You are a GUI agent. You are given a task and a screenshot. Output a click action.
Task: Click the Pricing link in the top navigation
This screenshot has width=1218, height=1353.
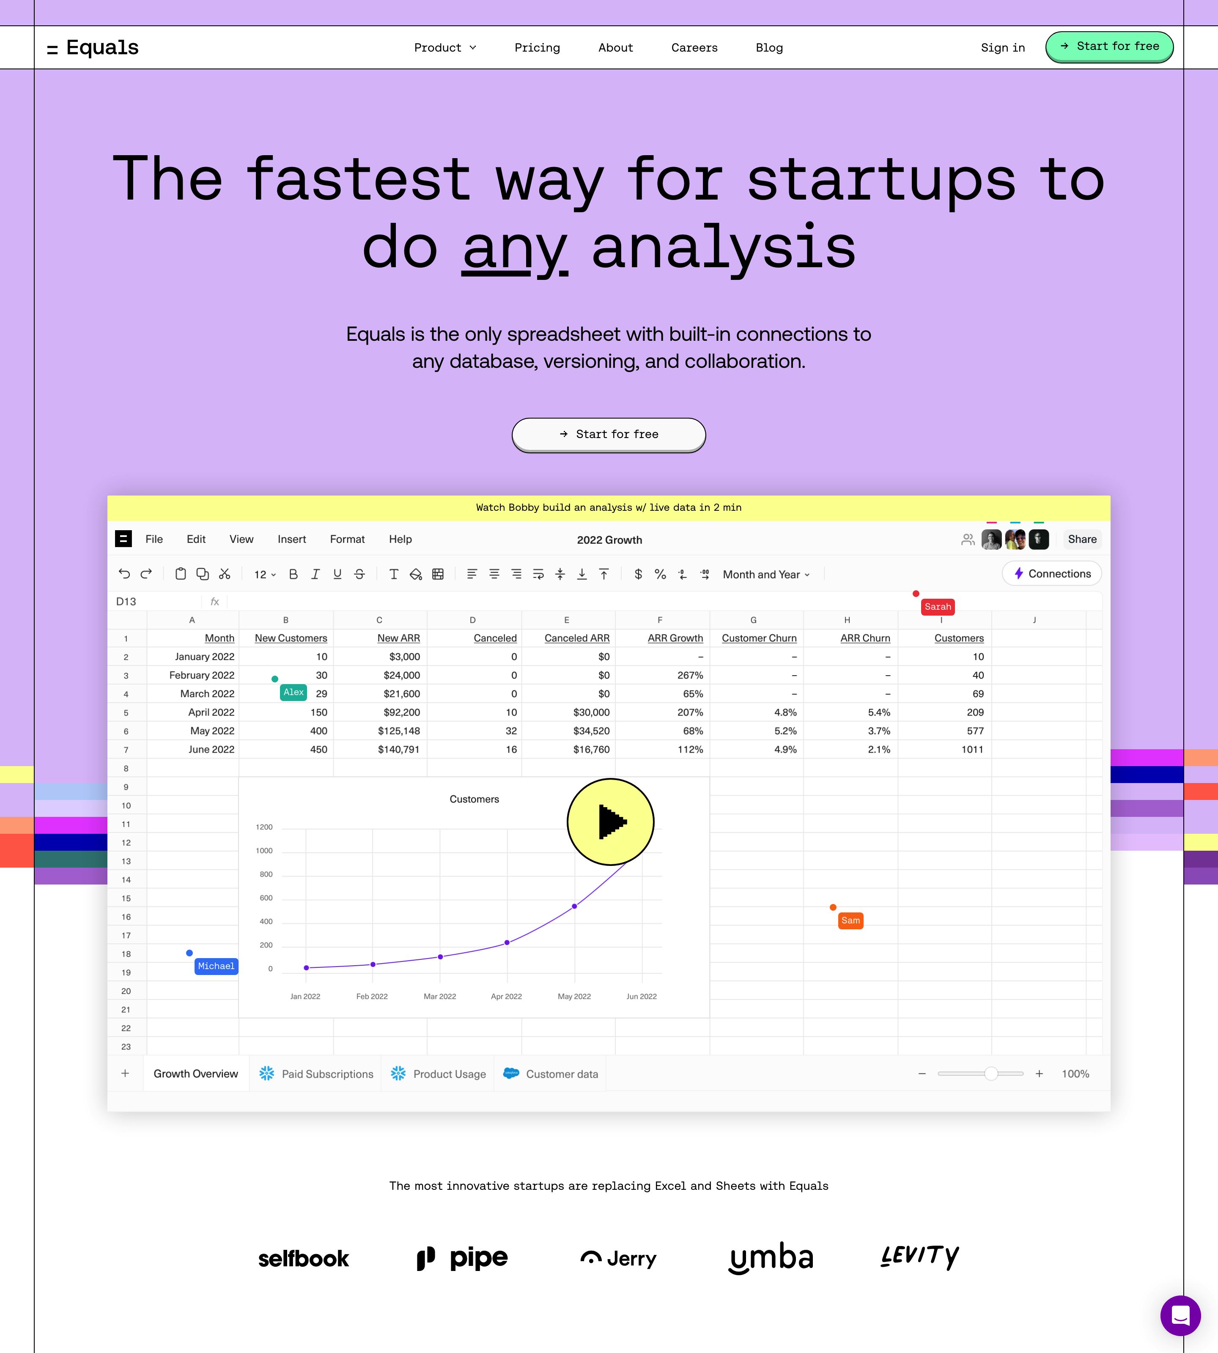(x=537, y=47)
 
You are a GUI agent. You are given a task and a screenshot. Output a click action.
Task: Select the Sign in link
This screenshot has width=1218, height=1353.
(x=1002, y=47)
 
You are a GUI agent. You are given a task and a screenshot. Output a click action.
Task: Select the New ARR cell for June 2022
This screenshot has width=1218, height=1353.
(x=399, y=750)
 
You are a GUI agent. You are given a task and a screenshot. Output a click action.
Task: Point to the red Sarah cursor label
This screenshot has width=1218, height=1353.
(x=938, y=607)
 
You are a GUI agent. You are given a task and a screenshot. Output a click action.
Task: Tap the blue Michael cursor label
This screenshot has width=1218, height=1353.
(x=216, y=966)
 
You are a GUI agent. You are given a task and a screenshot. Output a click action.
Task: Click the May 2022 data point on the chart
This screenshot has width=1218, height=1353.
(x=574, y=906)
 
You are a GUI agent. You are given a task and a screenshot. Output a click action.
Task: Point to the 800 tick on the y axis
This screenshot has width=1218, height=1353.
(x=266, y=874)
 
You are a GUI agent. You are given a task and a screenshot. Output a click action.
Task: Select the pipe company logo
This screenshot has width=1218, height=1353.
(x=462, y=1258)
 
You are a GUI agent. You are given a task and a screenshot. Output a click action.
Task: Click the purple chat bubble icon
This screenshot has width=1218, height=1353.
(x=1180, y=1315)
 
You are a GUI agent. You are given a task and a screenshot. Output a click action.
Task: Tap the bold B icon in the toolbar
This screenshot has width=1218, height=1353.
(x=293, y=574)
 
